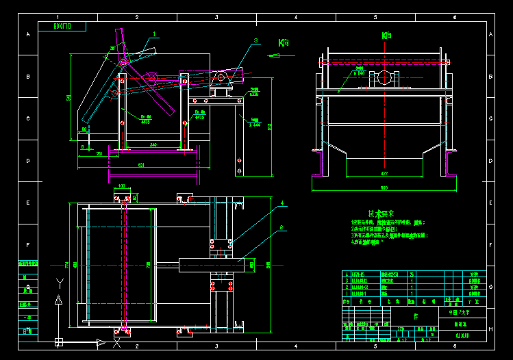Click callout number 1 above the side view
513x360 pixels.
tap(155, 33)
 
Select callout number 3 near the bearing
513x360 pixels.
tap(255, 41)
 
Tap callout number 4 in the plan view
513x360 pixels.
tap(281, 203)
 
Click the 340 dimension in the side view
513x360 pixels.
tap(153, 144)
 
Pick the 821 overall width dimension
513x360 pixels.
tap(141, 165)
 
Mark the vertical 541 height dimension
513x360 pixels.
tap(68, 98)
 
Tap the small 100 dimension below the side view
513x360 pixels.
tap(121, 185)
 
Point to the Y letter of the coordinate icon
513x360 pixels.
tap(60, 282)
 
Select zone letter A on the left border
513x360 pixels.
tap(28, 34)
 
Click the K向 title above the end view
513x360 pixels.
tap(386, 35)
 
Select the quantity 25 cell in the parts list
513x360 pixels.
tap(412, 274)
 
